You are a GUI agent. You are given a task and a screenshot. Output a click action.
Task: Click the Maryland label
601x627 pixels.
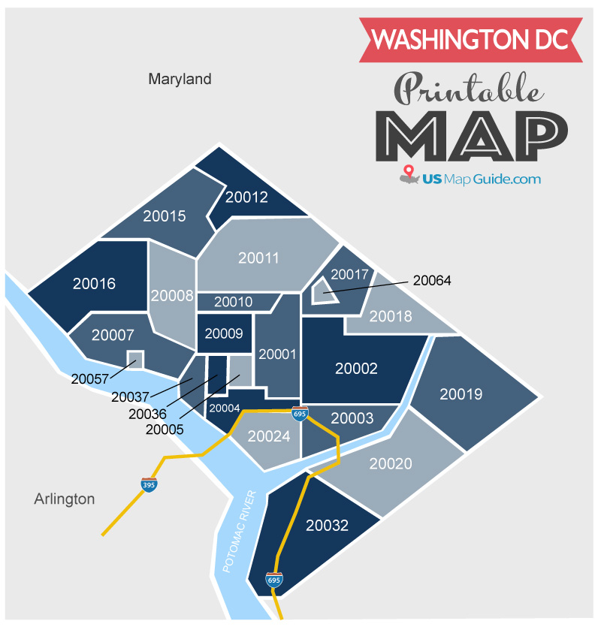click(x=180, y=79)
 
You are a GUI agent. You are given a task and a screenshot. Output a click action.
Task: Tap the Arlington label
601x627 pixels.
click(x=65, y=499)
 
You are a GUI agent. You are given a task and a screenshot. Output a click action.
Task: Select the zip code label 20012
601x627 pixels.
click(x=246, y=197)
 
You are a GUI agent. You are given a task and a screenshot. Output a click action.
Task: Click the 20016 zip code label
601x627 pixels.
click(x=94, y=284)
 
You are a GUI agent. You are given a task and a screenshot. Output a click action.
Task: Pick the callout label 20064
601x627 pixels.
click(x=432, y=281)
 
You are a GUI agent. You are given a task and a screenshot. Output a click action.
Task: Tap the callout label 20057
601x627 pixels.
click(x=90, y=378)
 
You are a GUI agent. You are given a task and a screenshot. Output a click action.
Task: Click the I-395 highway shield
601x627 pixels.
click(x=149, y=484)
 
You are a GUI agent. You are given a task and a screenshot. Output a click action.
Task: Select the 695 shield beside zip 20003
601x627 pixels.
click(x=300, y=413)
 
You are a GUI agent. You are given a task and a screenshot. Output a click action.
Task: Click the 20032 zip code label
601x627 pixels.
click(x=328, y=526)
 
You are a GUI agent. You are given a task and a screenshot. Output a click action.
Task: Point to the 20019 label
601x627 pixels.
click(x=461, y=394)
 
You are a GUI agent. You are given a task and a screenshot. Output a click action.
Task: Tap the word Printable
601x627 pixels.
click(x=467, y=90)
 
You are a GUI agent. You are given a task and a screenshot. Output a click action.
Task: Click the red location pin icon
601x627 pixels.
click(x=409, y=174)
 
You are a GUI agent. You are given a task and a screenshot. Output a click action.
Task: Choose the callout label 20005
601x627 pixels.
click(x=165, y=430)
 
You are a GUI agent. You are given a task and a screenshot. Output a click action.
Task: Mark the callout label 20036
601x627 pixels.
click(x=147, y=414)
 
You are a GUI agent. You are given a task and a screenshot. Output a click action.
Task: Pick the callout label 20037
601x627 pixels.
click(x=130, y=396)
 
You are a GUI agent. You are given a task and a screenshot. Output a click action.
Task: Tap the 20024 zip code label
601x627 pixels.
click(x=268, y=436)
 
